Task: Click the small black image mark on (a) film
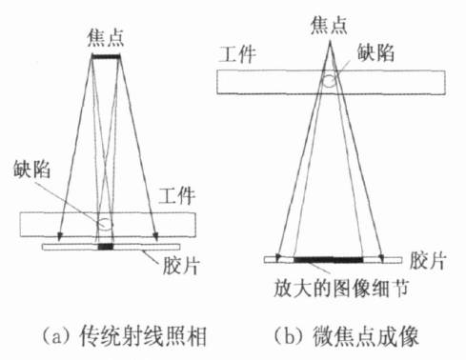pos(105,249)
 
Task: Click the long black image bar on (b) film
pos(328,259)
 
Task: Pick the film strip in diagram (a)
pos(67,249)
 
